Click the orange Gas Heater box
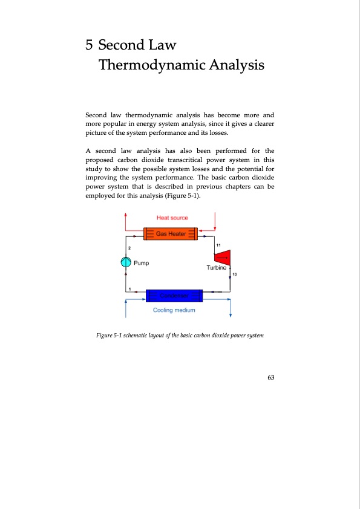pos(171,233)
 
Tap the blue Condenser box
pos(171,295)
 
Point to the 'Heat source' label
pos(172,218)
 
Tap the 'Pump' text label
pos(142,263)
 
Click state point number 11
pos(218,245)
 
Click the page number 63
pos(271,378)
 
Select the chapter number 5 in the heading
pos(89,45)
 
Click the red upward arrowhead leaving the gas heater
pos(125,215)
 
